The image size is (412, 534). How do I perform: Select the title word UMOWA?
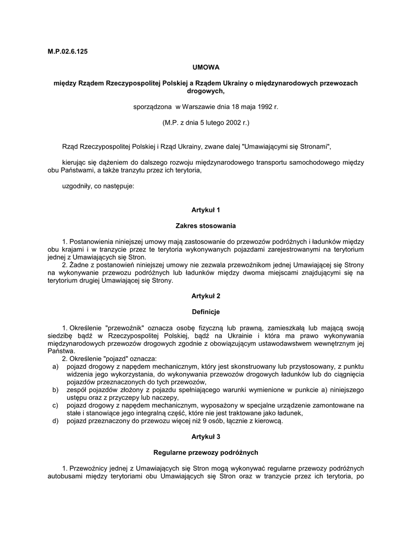pyautogui.click(x=206, y=67)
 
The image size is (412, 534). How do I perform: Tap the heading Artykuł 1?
pyautogui.click(x=206, y=210)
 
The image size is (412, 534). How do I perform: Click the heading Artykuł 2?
pyautogui.click(x=206, y=296)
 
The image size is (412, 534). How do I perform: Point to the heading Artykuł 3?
pyautogui.click(x=206, y=435)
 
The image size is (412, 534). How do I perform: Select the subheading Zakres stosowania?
pyautogui.click(x=206, y=226)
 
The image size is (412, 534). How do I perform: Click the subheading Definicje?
pyautogui.click(x=206, y=312)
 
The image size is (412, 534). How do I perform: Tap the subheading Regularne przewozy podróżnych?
pyautogui.click(x=206, y=452)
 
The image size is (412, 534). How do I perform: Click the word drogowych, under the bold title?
pyautogui.click(x=205, y=91)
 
